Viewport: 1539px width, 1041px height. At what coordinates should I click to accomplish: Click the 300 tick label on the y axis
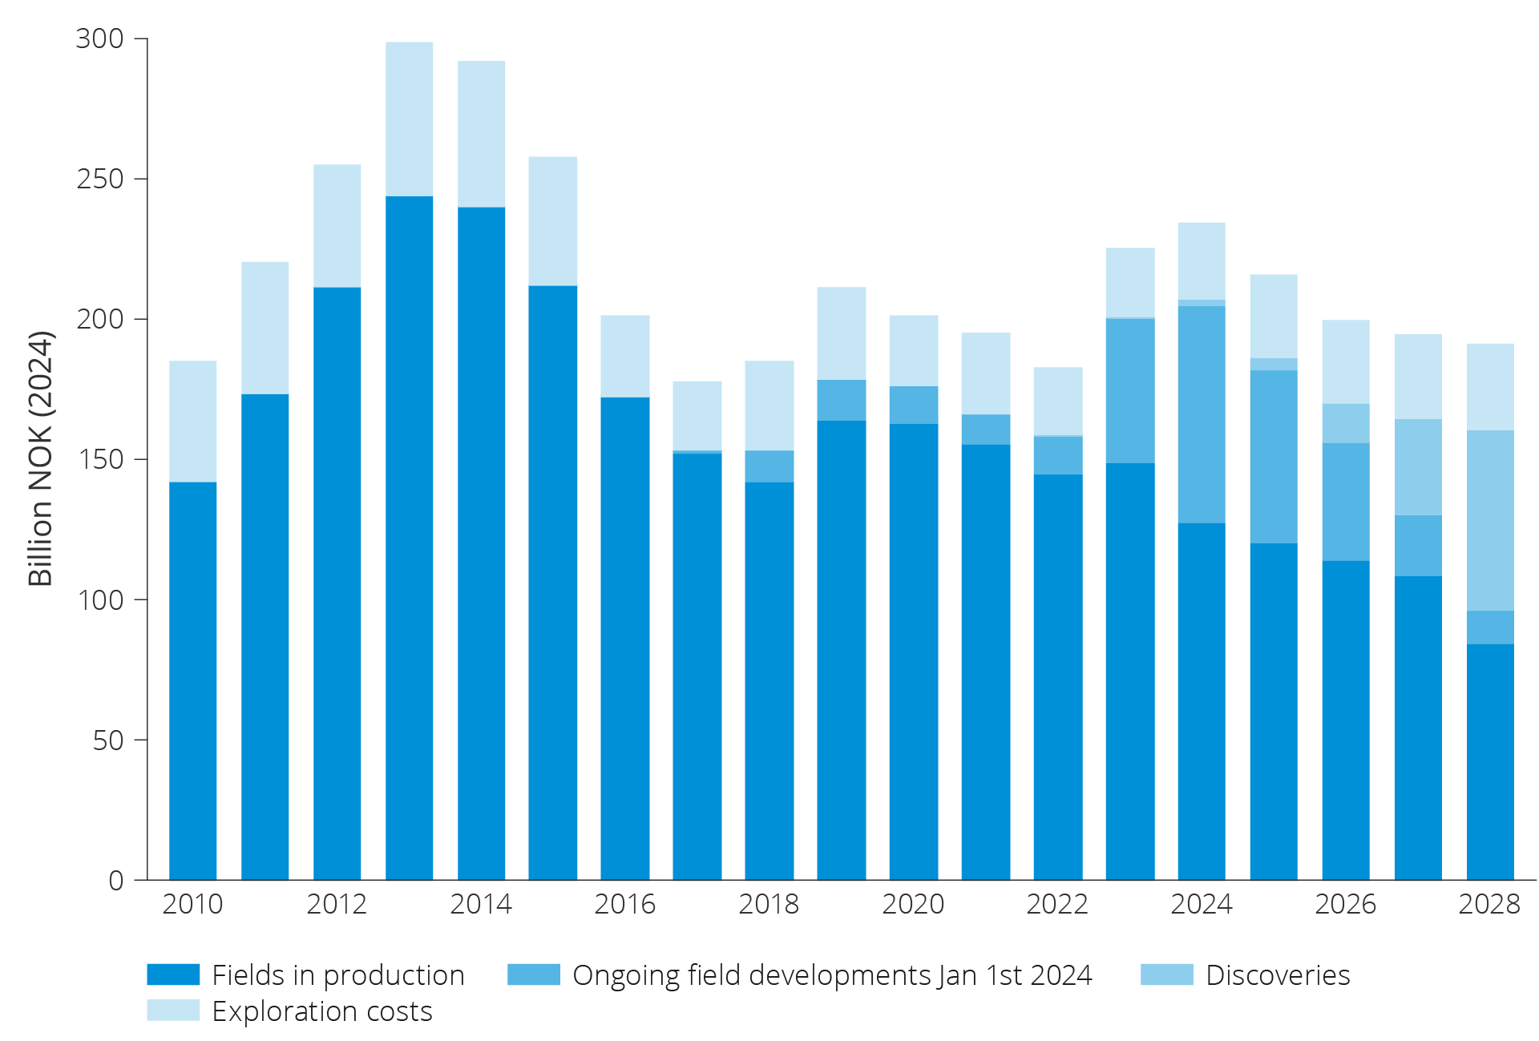point(99,38)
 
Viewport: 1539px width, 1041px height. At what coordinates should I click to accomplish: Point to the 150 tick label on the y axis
point(99,459)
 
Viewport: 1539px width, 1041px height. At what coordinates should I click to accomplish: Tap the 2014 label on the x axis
point(480,904)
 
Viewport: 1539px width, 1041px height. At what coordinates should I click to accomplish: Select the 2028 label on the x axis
point(1489,904)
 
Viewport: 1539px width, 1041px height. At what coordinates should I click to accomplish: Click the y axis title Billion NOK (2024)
point(40,458)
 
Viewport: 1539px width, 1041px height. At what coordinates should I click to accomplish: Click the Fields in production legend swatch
point(173,974)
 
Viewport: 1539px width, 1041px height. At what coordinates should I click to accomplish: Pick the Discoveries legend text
point(1278,975)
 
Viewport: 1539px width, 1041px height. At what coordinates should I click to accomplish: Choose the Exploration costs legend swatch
point(173,1010)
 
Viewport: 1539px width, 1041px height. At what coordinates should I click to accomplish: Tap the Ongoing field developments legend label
point(831,975)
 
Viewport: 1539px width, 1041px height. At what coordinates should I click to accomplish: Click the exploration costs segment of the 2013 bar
point(409,119)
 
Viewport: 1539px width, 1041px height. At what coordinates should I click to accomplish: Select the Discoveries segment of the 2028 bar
point(1490,521)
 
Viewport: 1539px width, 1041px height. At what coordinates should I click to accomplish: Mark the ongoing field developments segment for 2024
point(1202,414)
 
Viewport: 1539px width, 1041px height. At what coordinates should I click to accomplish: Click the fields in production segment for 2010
point(192,681)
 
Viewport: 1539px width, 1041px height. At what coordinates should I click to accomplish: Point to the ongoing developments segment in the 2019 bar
point(841,400)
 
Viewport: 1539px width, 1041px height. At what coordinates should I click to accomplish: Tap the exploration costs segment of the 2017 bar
point(697,415)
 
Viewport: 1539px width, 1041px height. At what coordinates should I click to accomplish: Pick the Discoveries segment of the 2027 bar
point(1418,467)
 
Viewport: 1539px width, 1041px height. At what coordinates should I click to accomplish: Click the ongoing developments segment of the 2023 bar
point(1130,391)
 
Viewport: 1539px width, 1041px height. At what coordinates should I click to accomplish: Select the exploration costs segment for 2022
point(1058,401)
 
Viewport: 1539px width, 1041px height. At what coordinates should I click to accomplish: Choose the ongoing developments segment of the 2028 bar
point(1490,627)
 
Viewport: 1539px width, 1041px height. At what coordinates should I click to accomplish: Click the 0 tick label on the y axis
point(115,881)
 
